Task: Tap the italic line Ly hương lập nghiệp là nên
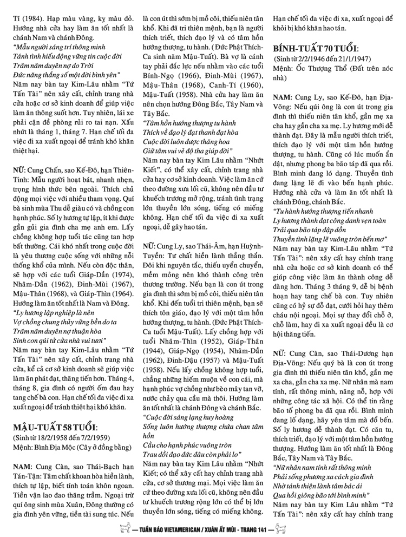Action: (54, 313)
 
